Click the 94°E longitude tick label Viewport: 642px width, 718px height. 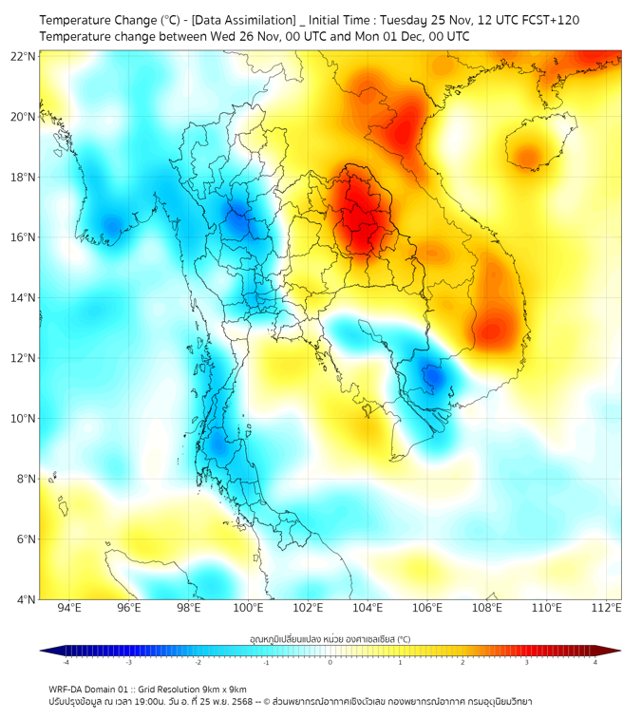pos(69,608)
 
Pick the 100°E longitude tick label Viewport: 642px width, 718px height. pos(249,608)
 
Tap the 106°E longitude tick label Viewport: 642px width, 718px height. pos(428,608)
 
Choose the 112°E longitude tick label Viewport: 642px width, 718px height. pos(608,608)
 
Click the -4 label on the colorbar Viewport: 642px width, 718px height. pos(66,662)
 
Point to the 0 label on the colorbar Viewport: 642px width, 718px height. pos(330,662)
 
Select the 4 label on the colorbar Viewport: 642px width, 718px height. pos(595,662)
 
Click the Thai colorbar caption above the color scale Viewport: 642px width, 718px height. pos(330,638)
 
